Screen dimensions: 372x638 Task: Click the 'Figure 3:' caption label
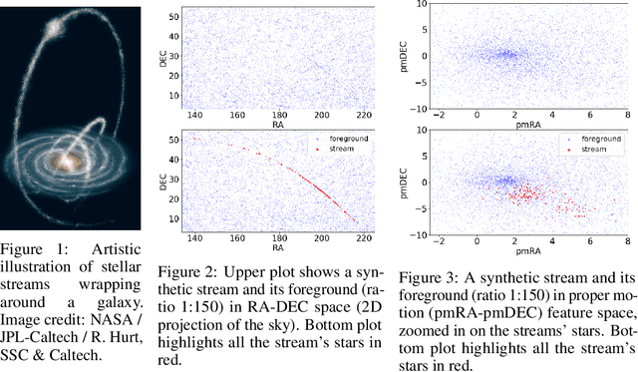click(x=440, y=277)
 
